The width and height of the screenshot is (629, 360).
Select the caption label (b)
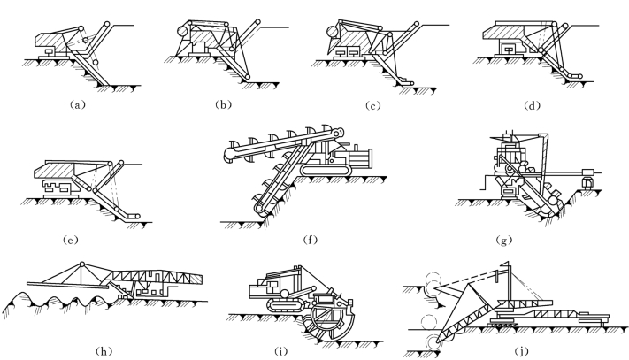225,103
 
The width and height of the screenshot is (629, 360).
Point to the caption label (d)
527,103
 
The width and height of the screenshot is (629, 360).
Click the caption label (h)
106,350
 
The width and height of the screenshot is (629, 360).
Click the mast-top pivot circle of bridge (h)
81,264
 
